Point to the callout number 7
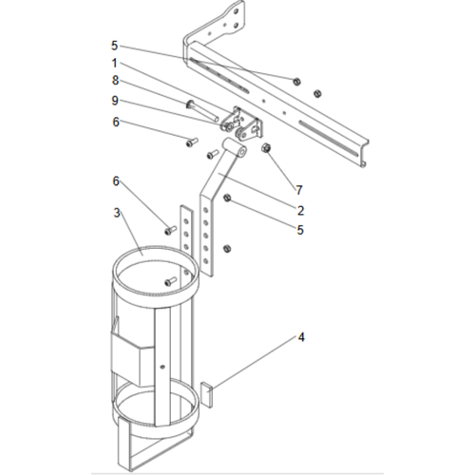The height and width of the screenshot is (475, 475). click(297, 190)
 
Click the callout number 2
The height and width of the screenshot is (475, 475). click(299, 210)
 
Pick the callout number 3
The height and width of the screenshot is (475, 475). click(117, 213)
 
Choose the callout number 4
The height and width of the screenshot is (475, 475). click(301, 336)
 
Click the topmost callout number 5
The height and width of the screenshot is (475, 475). click(115, 45)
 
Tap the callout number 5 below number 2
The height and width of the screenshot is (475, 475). click(300, 229)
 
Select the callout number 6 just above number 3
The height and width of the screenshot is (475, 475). click(117, 180)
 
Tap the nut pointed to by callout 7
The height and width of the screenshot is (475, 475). click(266, 148)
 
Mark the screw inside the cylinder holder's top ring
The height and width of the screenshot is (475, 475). click(169, 280)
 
